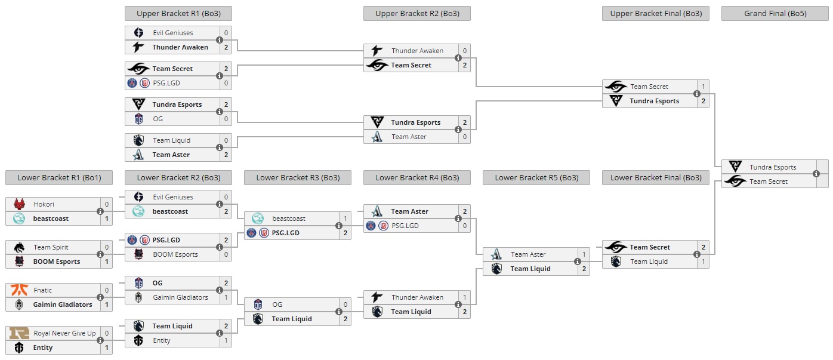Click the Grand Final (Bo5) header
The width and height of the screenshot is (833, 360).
(775, 13)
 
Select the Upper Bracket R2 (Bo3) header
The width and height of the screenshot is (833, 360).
(416, 13)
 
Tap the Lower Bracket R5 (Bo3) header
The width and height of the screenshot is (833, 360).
(536, 177)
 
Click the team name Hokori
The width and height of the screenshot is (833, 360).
(44, 204)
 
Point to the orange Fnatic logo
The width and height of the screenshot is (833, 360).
(19, 290)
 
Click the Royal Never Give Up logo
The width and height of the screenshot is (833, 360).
(19, 333)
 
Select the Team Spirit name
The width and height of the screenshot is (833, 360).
(51, 247)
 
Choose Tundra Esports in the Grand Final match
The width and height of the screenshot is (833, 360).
(773, 167)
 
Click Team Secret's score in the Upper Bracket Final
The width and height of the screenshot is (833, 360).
(703, 87)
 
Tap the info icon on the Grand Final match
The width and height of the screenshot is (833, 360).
(816, 174)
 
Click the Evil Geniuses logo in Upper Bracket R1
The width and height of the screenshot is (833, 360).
(138, 33)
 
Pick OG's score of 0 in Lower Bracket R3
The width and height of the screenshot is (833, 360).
(345, 304)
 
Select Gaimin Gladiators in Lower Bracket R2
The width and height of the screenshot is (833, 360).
(180, 297)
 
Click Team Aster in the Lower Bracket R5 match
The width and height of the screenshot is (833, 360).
(528, 254)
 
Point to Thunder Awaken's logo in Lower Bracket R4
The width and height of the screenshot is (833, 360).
(377, 297)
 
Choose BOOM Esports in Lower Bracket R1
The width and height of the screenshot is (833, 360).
(57, 261)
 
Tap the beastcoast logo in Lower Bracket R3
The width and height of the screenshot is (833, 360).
(258, 219)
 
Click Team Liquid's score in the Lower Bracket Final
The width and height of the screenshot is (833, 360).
(703, 261)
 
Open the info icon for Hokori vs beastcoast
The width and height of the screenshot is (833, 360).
(100, 211)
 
